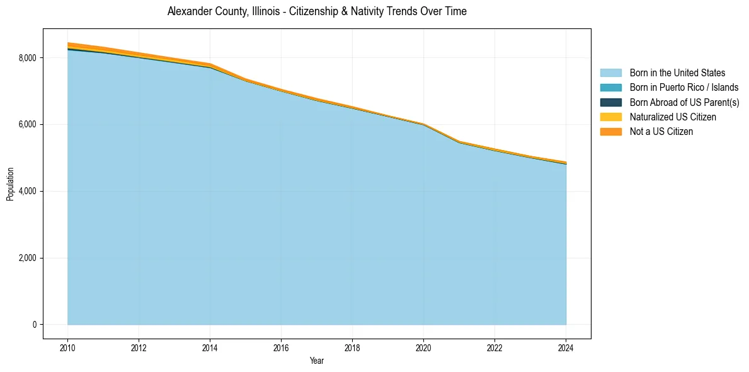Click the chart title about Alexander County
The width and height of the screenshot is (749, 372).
(317, 11)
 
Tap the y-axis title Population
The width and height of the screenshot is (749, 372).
(10, 184)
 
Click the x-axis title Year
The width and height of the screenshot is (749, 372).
(317, 361)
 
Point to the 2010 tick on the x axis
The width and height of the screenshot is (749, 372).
(67, 347)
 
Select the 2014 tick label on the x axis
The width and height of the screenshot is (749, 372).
(210, 347)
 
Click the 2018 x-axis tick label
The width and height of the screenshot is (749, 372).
(352, 347)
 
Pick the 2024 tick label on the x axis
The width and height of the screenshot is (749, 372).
(566, 347)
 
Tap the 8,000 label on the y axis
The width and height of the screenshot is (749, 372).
(27, 58)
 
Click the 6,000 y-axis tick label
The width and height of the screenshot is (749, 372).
(27, 125)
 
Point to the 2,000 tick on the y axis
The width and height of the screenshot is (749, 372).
(27, 258)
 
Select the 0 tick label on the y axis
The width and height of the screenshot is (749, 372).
(35, 325)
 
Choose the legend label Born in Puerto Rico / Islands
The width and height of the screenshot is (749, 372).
(683, 88)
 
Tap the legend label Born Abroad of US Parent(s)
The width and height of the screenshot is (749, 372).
(684, 102)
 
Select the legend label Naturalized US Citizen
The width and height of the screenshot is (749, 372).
(673, 117)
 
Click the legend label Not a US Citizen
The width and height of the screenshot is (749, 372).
(661, 132)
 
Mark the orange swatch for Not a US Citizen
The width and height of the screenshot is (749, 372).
(610, 132)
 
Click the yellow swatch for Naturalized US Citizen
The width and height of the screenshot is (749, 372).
(610, 117)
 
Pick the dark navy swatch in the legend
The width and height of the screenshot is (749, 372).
(610, 102)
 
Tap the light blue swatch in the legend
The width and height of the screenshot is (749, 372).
(610, 73)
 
